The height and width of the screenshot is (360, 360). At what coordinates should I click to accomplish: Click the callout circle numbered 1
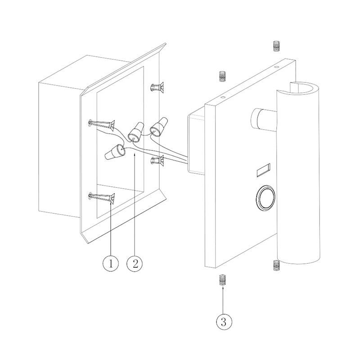111,263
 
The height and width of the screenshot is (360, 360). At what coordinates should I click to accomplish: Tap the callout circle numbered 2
135,263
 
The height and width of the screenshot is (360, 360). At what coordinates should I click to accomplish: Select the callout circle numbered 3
224,322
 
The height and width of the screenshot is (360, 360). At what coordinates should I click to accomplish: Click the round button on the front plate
265,197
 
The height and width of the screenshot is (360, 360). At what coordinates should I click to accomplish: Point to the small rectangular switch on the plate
263,170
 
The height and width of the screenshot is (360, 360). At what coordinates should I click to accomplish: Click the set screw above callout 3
222,280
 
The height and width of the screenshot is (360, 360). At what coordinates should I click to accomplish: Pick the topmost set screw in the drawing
276,46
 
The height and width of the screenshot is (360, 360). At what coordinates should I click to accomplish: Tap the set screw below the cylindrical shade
276,265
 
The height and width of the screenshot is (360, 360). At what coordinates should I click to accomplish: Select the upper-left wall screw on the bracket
102,124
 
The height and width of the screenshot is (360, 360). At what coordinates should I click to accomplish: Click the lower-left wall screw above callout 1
102,197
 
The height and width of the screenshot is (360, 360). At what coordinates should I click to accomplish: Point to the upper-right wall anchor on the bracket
157,87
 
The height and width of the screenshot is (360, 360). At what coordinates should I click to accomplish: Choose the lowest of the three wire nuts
115,152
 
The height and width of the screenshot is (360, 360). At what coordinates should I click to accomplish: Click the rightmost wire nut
159,127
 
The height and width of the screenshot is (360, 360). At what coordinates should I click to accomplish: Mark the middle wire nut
136,132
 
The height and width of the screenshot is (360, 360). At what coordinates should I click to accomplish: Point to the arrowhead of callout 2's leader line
135,155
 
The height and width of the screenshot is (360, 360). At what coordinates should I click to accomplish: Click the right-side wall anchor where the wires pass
157,161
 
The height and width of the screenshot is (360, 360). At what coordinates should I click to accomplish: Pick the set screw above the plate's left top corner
222,76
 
